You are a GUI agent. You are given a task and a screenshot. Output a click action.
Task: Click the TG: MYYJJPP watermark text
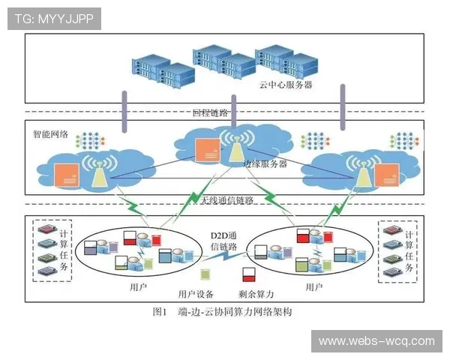[x=53, y=19]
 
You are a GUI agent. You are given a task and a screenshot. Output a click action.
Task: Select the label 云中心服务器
[x=286, y=85]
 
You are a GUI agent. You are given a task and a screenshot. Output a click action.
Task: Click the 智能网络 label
[x=50, y=135]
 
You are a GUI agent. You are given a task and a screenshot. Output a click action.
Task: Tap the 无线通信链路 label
[x=226, y=201]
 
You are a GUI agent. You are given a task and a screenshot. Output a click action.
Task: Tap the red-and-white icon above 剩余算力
[x=248, y=274]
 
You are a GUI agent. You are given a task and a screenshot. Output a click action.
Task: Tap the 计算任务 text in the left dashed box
[x=64, y=250]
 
